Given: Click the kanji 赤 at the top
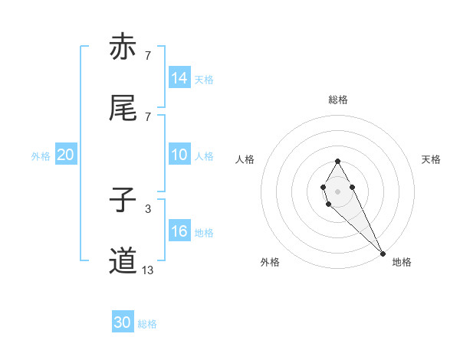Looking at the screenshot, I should [123, 47].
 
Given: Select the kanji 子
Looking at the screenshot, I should [123, 201].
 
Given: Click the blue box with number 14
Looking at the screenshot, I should [179, 78].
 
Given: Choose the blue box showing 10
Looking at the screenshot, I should [179, 155].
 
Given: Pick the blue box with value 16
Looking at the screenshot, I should [179, 231].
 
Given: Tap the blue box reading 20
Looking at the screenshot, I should [66, 155].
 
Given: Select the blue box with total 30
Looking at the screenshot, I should [123, 323].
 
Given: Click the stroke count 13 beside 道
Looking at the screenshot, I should [147, 270].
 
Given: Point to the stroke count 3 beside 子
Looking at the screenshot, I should [147, 208].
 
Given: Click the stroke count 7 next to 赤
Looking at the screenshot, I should [147, 55].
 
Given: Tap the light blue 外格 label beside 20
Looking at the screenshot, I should [41, 156].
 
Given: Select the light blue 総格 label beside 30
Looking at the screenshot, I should [147, 324].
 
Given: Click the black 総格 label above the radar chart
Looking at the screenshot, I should [337, 100].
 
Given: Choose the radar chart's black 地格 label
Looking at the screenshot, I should [402, 262].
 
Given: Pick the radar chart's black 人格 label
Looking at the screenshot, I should [245, 159].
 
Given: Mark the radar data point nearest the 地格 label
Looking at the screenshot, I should [383, 254].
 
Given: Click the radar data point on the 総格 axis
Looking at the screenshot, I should [337, 161].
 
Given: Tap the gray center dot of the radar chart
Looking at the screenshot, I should [337, 190].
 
